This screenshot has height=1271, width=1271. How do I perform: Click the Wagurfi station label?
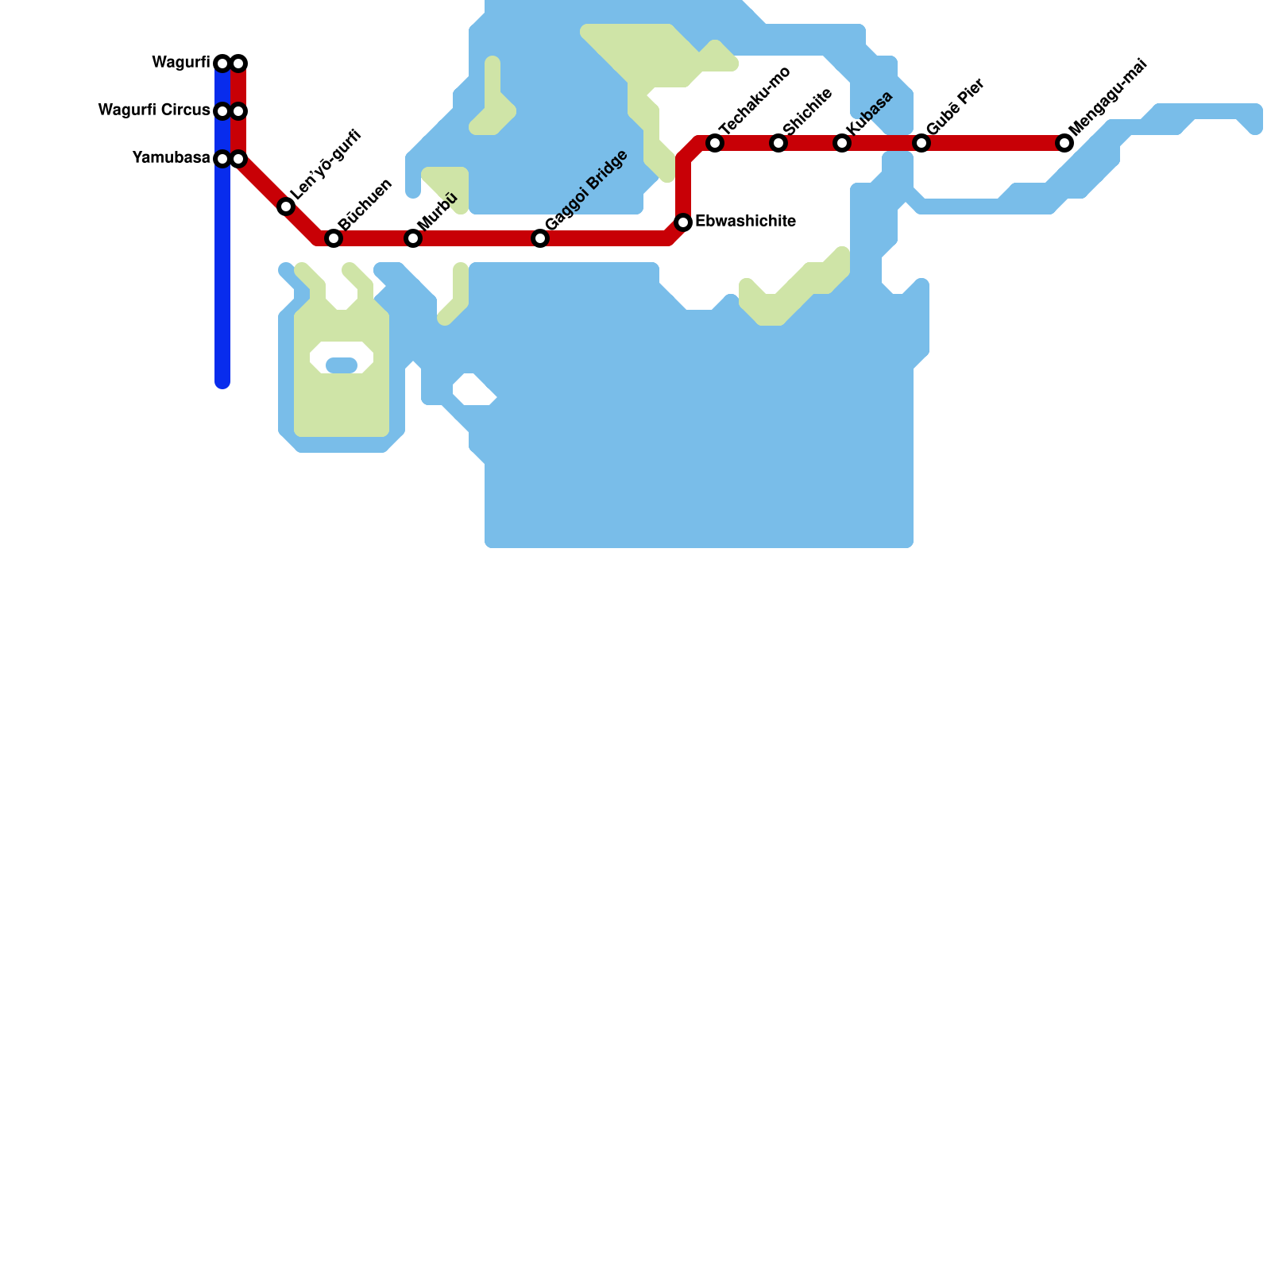[x=180, y=63]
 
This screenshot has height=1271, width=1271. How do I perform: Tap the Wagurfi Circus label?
[x=153, y=110]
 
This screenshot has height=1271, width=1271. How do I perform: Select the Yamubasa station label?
[x=171, y=158]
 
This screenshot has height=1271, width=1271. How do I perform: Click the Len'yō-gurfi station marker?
[x=286, y=207]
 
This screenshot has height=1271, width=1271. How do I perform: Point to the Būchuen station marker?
[x=334, y=238]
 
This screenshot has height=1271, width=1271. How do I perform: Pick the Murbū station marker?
[x=413, y=238]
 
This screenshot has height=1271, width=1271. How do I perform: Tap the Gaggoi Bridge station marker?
[x=540, y=238]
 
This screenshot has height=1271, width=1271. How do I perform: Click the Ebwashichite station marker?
[x=683, y=222]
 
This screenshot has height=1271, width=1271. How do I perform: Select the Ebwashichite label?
[x=745, y=222]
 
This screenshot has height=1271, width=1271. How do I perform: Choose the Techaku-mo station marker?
[x=715, y=143]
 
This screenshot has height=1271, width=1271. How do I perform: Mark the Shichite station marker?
[x=778, y=143]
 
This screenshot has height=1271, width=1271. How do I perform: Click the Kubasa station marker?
[x=842, y=143]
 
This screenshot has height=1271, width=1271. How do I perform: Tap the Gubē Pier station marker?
[x=921, y=143]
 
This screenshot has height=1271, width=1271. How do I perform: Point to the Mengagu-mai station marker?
[x=1064, y=143]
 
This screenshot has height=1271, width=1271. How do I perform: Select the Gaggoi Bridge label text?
[x=586, y=191]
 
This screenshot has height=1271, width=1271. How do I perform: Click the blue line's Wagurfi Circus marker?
[x=222, y=111]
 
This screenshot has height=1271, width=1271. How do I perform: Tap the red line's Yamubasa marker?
[x=238, y=159]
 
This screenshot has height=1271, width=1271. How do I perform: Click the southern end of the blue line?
[x=222, y=383]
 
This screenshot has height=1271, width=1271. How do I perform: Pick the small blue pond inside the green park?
[x=342, y=365]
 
